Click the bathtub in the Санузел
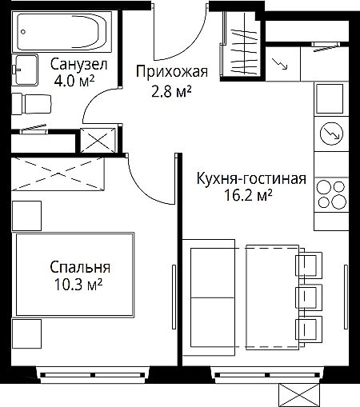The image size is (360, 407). [x=62, y=32]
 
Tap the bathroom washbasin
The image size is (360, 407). [x=25, y=70]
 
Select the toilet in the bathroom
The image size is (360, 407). [x=31, y=104]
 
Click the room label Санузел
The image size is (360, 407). [x=79, y=64]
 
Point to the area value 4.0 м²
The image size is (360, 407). [x=74, y=81]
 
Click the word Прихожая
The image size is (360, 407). [x=172, y=72]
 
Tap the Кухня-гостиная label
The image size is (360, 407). [x=251, y=178]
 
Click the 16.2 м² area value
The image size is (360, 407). [x=248, y=195]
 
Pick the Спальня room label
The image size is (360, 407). [x=80, y=267]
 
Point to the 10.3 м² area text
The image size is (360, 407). [x=78, y=284]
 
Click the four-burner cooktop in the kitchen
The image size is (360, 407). [x=331, y=194]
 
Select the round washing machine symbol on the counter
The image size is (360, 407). [x=331, y=134]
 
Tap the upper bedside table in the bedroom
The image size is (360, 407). [x=26, y=216]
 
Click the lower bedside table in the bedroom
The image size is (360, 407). [x=26, y=333]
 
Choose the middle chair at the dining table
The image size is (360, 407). [x=309, y=297]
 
